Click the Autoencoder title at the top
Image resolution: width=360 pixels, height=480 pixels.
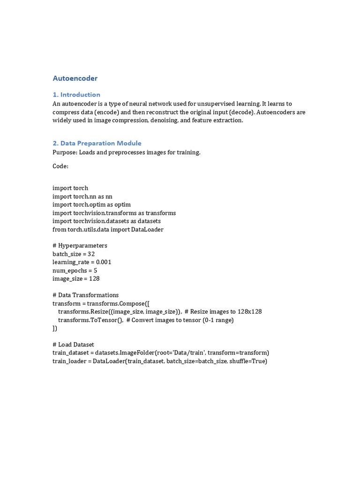(75, 78)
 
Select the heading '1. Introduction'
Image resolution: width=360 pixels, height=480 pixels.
(76, 94)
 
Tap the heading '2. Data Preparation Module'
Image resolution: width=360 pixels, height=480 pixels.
(97, 143)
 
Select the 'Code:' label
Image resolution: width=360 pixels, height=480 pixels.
(60, 166)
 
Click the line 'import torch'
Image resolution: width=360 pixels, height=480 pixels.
(70, 188)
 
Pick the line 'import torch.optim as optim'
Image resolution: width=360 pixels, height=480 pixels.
(91, 204)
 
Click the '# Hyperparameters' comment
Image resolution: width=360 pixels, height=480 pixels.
(80, 246)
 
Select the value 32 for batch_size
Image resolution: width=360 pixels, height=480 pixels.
(91, 254)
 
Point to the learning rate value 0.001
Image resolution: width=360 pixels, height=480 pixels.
(104, 262)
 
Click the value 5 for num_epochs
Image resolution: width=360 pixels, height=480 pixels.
(96, 270)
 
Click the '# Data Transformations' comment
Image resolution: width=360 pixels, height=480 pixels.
(85, 295)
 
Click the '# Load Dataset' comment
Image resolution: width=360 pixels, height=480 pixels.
(73, 345)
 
